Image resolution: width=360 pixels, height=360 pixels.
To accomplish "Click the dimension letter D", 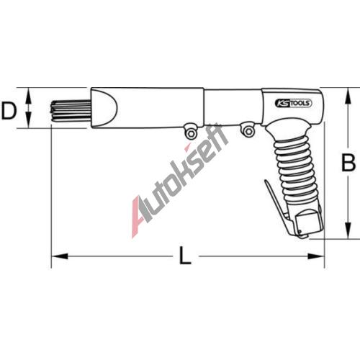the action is tap(9, 110).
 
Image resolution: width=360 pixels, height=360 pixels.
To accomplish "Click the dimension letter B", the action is tap(348, 163).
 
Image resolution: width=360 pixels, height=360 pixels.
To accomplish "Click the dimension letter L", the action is tap(185, 256).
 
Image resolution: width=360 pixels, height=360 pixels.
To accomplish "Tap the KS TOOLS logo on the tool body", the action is tap(293, 103).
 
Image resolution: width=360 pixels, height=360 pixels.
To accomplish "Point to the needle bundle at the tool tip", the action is tap(71, 110).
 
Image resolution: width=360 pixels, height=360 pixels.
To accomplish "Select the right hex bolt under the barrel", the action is tap(248, 131).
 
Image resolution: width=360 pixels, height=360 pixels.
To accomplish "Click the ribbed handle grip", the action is tap(296, 171).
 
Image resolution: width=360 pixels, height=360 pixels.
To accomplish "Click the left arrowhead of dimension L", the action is tap(60, 256).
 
